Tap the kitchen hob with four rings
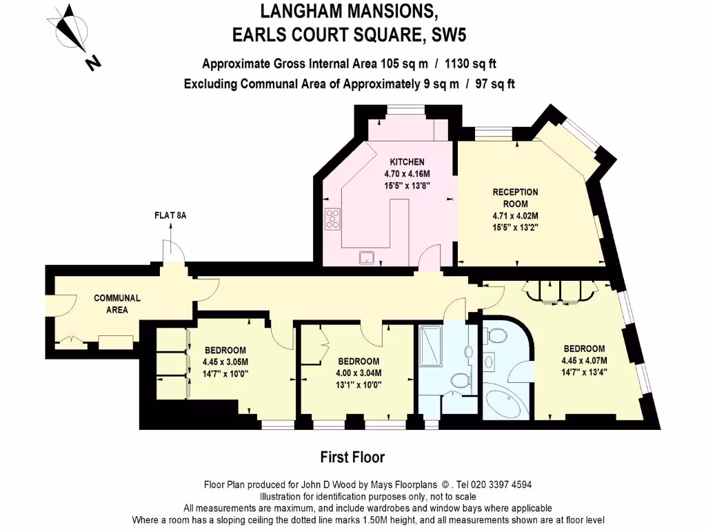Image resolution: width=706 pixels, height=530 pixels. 333,218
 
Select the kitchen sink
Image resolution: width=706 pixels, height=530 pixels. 367,257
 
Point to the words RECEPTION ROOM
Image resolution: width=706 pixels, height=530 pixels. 515,197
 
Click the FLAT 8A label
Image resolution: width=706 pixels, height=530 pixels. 170,216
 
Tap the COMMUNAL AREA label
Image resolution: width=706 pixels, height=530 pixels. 117,304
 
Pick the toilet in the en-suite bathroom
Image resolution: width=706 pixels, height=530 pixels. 495,336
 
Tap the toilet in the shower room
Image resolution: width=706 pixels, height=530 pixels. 459,380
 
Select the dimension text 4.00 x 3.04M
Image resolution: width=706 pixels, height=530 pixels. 359,373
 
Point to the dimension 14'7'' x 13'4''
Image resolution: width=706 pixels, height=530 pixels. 584,371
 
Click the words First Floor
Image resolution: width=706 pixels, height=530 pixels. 352,457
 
